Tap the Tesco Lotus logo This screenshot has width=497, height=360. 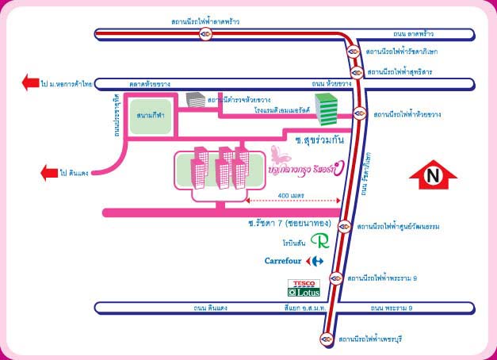click(304, 288)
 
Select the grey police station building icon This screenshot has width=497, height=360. click(194, 100)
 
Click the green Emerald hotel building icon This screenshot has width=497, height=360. click(326, 107)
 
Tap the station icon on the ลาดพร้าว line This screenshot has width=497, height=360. click(205, 34)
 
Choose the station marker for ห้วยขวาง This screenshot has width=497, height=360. click(359, 113)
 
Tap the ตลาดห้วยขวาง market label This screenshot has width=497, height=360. click(149, 83)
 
